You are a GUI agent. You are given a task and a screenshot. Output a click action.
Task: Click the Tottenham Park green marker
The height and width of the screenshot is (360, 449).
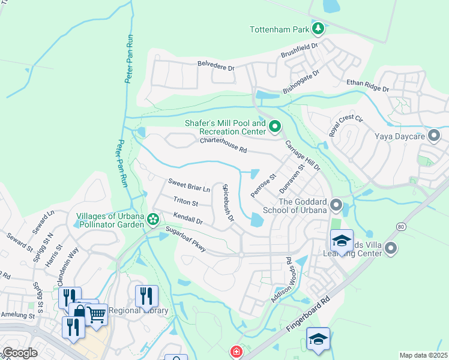pyautogui.click(x=318, y=28)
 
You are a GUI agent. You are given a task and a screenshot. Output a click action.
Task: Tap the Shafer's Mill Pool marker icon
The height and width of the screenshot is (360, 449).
pyautogui.click(x=274, y=126)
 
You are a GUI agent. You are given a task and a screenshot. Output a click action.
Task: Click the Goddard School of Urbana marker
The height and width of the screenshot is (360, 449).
pyautogui.click(x=336, y=206)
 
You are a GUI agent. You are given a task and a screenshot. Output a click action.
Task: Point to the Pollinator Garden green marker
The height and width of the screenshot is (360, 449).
pyautogui.click(x=153, y=220)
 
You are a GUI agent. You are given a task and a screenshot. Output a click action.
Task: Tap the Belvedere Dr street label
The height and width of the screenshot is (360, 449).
pyautogui.click(x=215, y=66)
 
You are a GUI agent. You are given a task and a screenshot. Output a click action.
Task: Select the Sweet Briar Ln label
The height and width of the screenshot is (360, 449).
pyautogui.click(x=189, y=184)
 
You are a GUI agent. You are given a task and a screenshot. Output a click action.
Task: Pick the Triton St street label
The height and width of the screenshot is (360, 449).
pyautogui.click(x=185, y=202)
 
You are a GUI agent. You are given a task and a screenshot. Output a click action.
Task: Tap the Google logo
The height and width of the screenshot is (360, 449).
pyautogui.click(x=20, y=353)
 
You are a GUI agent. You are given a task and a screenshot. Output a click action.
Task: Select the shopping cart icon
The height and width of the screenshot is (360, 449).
pyautogui.click(x=96, y=314)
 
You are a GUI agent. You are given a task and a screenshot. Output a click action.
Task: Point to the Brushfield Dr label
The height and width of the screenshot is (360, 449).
pyautogui.click(x=300, y=50)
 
